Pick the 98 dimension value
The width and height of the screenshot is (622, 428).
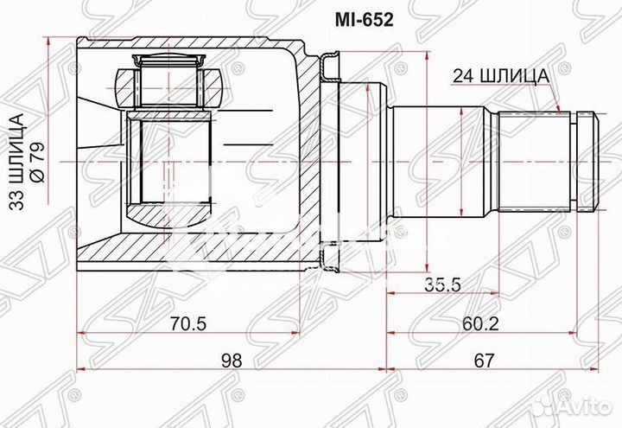point(229,359)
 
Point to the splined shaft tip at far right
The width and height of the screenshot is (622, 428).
point(587,160)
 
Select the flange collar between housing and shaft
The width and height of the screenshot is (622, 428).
point(333,160)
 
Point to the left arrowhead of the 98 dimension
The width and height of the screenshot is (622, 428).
point(81,371)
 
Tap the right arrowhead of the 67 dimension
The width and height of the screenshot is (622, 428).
point(594,371)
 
